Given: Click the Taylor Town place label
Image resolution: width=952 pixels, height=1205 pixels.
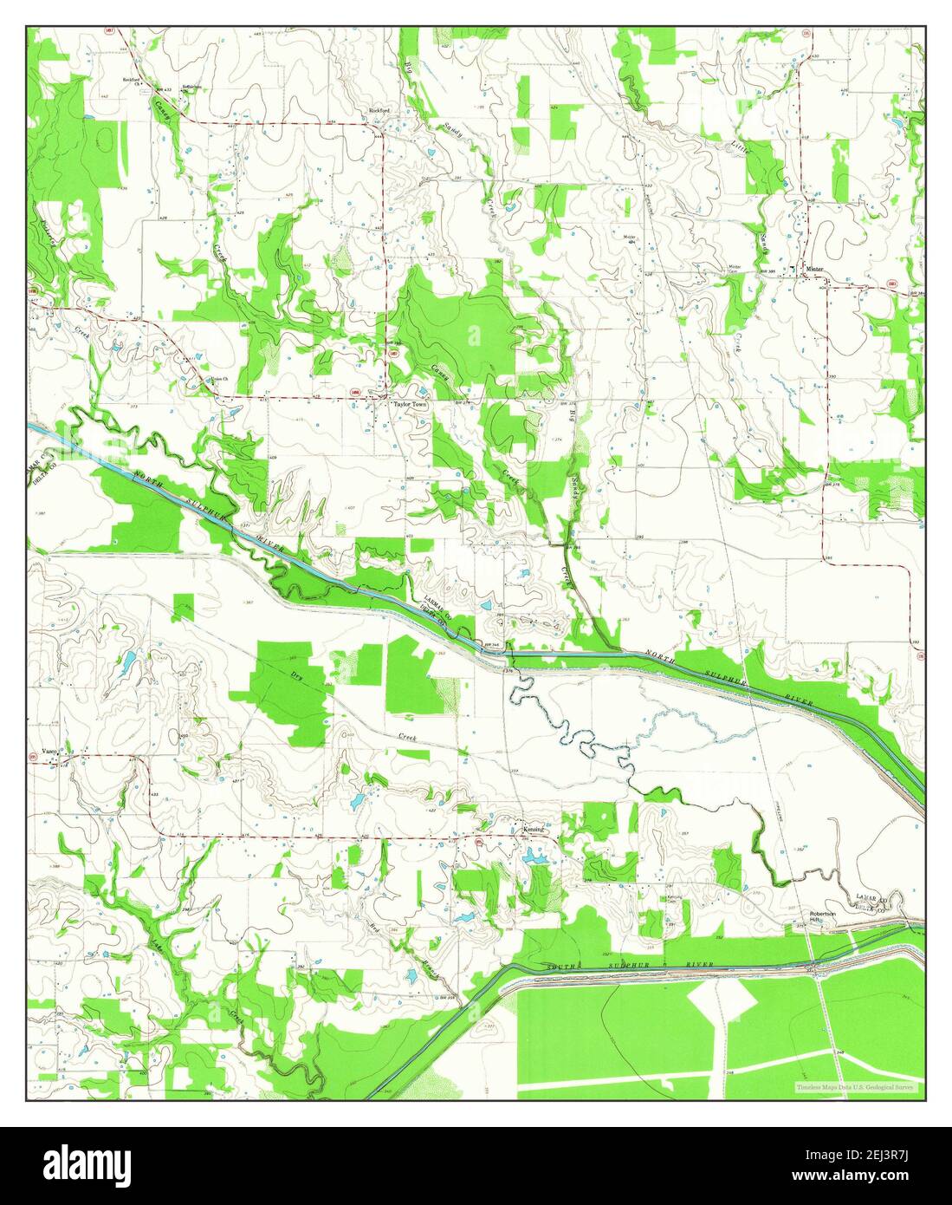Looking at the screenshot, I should pyautogui.click(x=411, y=405).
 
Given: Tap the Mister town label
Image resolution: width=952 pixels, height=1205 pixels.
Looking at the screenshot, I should pyautogui.click(x=814, y=269).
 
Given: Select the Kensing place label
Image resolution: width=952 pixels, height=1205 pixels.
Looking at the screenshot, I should pyautogui.click(x=534, y=830).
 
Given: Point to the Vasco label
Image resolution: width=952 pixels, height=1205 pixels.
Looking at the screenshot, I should pyautogui.click(x=49, y=751).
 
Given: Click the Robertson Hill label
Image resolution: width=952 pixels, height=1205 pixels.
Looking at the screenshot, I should pyautogui.click(x=823, y=917).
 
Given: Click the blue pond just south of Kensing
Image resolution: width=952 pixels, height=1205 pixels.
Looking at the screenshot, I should pyautogui.click(x=534, y=858).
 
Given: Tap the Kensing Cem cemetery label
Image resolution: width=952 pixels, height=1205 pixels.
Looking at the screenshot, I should pyautogui.click(x=676, y=897).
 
